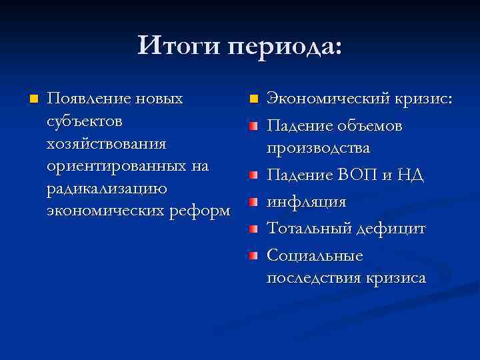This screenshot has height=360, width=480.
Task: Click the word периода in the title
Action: click(x=284, y=47)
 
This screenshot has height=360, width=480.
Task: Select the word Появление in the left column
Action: click(x=89, y=99)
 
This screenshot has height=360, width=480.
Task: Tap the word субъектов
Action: click(x=84, y=122)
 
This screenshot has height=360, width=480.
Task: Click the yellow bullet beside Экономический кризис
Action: click(x=253, y=100)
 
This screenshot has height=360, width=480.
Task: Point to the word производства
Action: click(x=318, y=148)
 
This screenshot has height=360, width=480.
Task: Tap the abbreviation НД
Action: click(x=411, y=175)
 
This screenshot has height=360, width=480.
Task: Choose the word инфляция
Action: click(x=306, y=202)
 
